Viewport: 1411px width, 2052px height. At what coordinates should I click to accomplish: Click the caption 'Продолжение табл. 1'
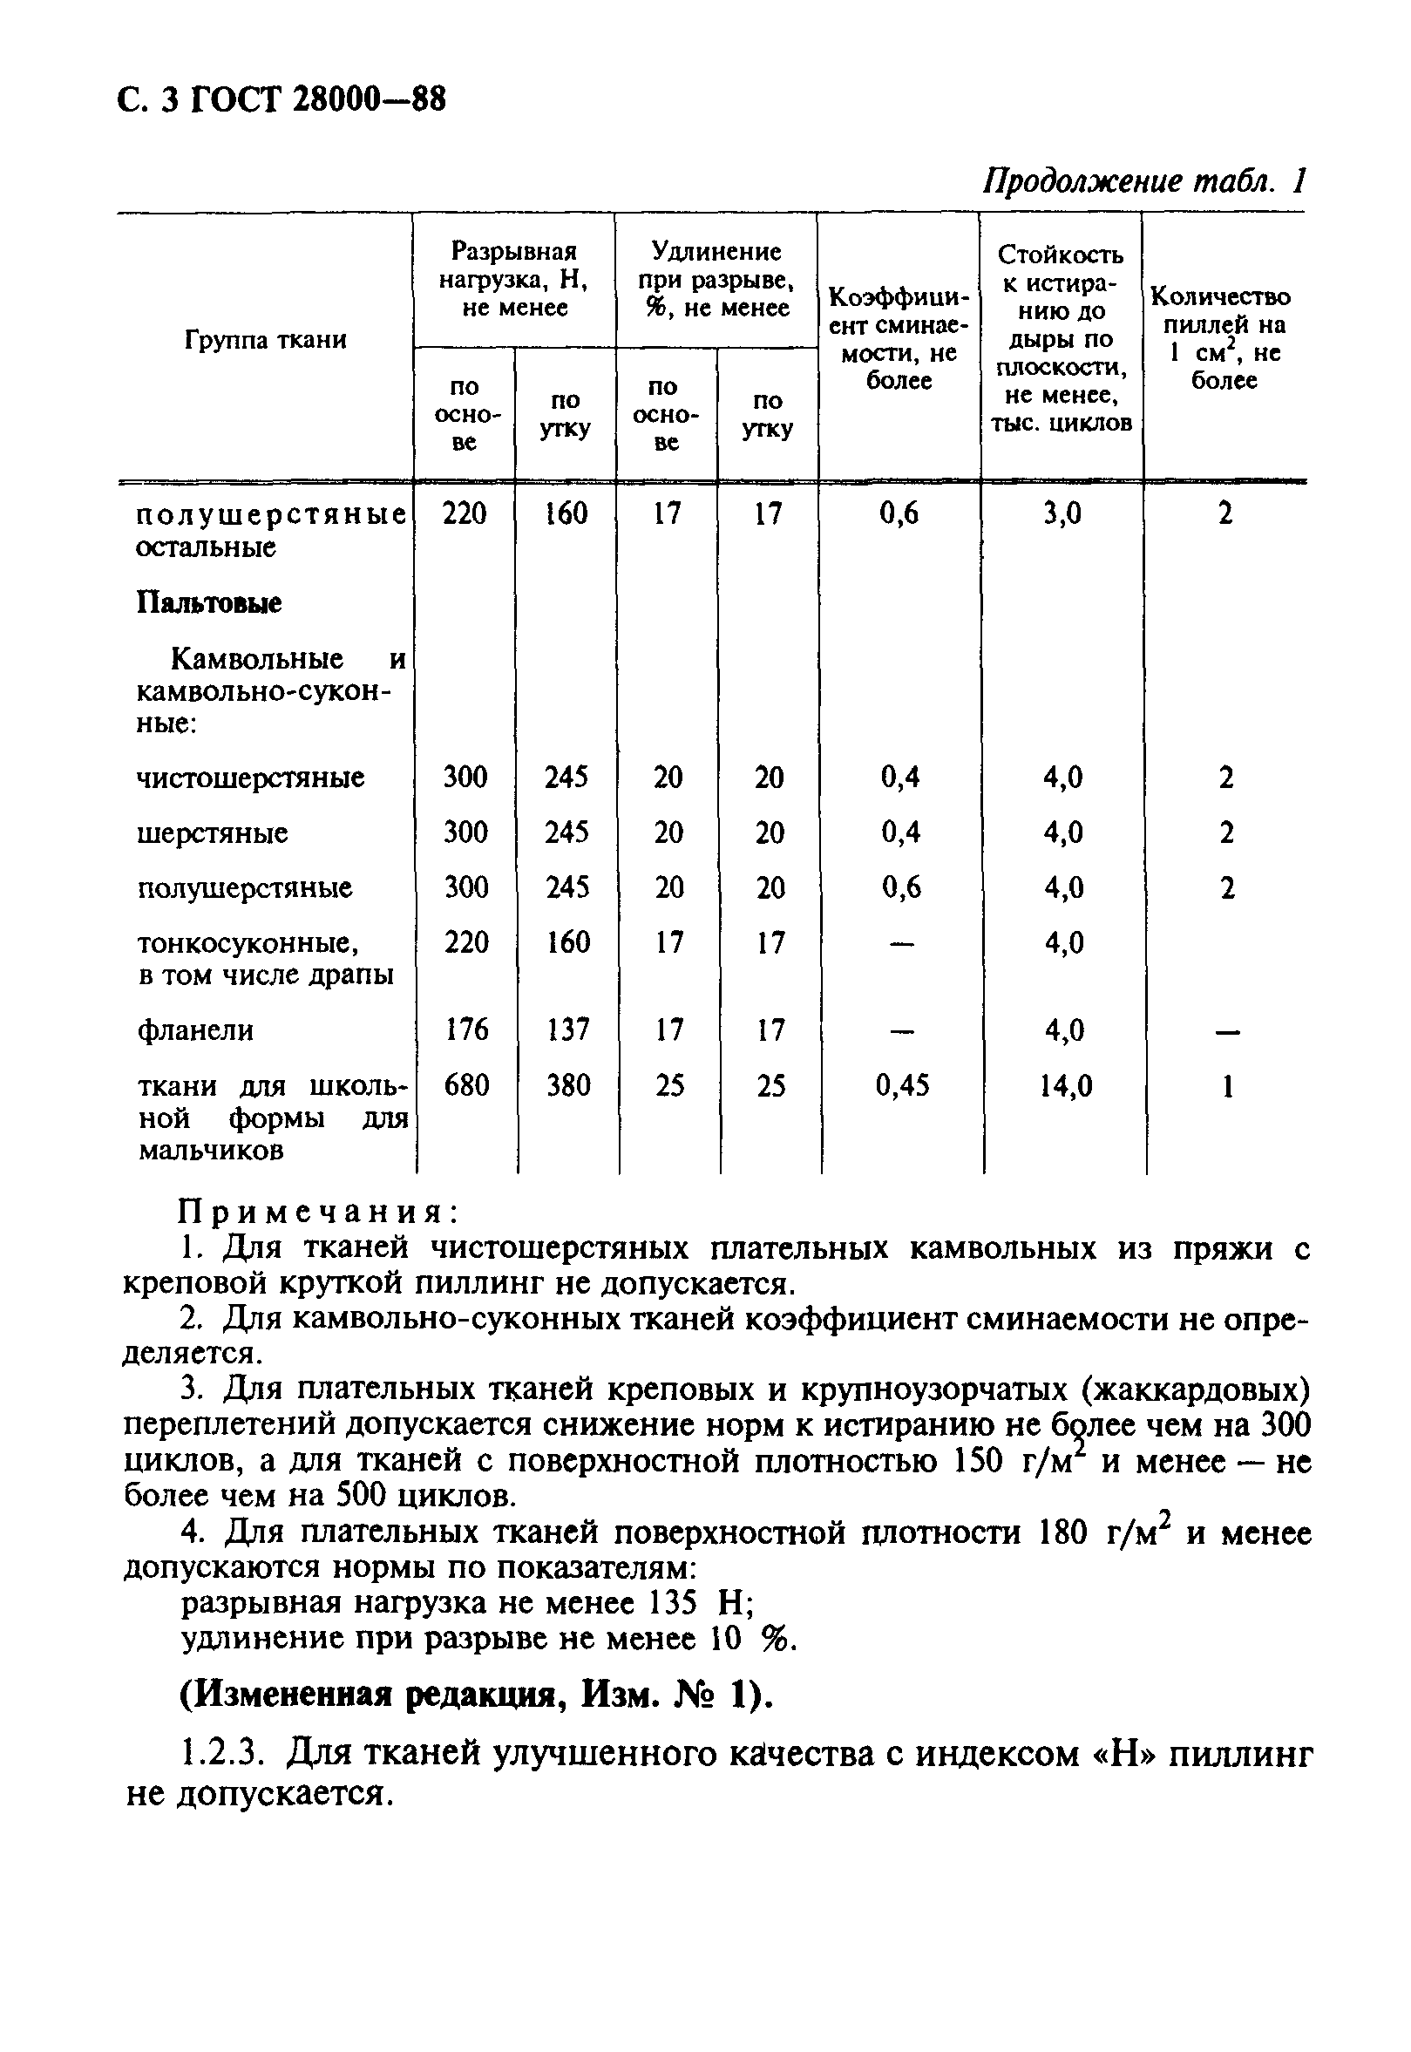pyautogui.click(x=1144, y=181)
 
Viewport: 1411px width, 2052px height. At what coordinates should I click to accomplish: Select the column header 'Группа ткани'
pyautogui.click(x=265, y=339)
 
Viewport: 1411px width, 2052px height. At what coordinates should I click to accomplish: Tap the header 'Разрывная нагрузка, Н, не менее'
pyautogui.click(x=513, y=279)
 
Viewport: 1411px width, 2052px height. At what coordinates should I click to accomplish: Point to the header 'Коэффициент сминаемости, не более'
pyautogui.click(x=899, y=338)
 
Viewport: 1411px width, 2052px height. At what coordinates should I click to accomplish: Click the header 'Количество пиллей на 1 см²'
pyautogui.click(x=1224, y=338)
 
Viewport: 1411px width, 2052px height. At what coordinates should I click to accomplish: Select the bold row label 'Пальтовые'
pyautogui.click(x=208, y=603)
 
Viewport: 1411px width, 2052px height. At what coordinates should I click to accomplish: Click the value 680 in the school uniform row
pyautogui.click(x=466, y=1084)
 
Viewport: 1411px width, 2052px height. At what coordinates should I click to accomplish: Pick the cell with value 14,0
pyautogui.click(x=1064, y=1084)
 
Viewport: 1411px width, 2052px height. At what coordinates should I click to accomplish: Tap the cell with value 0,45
pyautogui.click(x=902, y=1084)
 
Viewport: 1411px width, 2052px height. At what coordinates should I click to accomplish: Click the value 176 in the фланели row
pyautogui.click(x=466, y=1029)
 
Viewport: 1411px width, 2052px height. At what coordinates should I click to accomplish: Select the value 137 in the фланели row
pyautogui.click(x=566, y=1029)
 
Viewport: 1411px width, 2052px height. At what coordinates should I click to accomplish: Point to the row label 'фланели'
pyautogui.click(x=195, y=1030)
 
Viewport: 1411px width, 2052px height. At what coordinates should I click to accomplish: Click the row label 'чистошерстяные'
pyautogui.click(x=250, y=778)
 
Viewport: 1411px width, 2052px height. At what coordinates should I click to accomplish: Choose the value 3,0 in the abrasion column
pyautogui.click(x=1062, y=513)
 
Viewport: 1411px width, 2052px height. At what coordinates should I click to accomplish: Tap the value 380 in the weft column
pyautogui.click(x=566, y=1084)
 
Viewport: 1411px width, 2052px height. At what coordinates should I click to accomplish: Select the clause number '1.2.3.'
pyautogui.click(x=224, y=1753)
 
